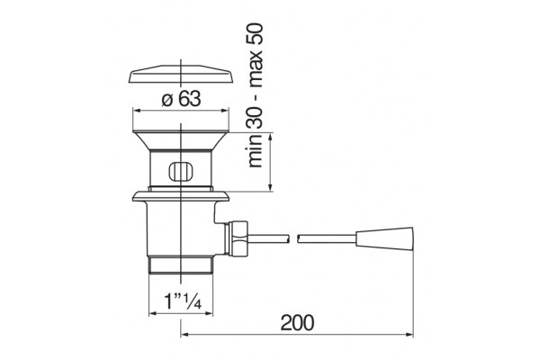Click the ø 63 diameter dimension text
pyautogui.click(x=181, y=99)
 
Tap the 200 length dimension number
pyautogui.click(x=297, y=322)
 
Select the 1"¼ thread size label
pyautogui.click(x=183, y=301)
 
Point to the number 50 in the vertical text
pyautogui.click(x=256, y=33)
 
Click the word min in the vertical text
pyautogui.click(x=256, y=150)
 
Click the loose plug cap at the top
pyautogui.click(x=181, y=74)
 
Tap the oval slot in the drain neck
pyautogui.click(x=181, y=171)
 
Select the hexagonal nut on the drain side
pyautogui.click(x=236, y=238)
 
